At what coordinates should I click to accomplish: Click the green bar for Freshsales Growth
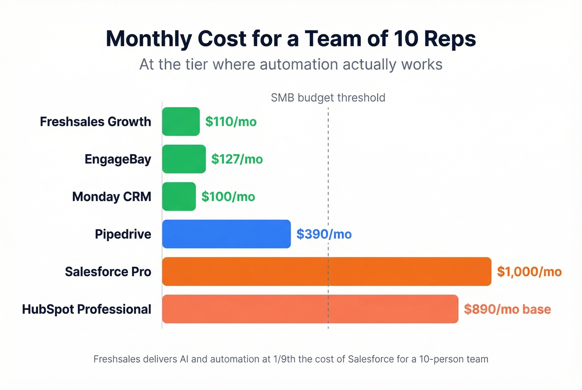[x=181, y=122]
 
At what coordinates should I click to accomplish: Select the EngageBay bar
[x=184, y=159]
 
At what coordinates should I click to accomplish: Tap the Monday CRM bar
[x=179, y=196]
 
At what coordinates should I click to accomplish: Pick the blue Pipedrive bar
[x=226, y=234]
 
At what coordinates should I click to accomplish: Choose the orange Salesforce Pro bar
[x=326, y=272]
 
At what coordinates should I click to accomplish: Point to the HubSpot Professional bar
[x=310, y=309]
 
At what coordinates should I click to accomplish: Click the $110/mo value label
[x=231, y=122]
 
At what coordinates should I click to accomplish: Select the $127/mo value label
[x=237, y=159]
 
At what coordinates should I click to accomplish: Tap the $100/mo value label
[x=228, y=196]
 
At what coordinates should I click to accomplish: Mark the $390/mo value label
[x=324, y=234]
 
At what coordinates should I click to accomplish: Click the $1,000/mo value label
[x=529, y=272]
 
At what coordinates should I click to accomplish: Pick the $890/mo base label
[x=507, y=309]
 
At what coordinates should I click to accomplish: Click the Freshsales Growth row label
[x=96, y=122]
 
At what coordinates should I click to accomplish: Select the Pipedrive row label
[x=123, y=234]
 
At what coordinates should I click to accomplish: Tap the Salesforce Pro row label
[x=108, y=272]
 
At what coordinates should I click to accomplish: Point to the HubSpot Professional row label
[x=86, y=309]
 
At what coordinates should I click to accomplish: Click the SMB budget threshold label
[x=328, y=98]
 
